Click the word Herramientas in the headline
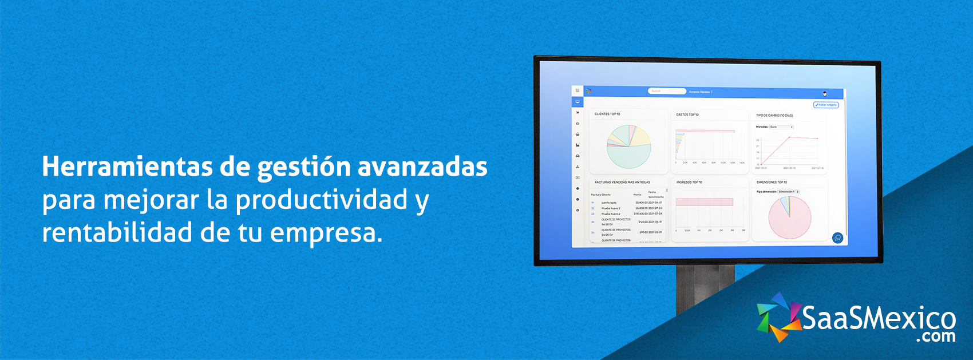(x=126, y=167)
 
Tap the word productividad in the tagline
(x=321, y=200)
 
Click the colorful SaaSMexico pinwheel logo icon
(x=778, y=318)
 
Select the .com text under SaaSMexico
(x=935, y=337)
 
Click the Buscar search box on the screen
(x=667, y=91)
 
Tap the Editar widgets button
(x=826, y=105)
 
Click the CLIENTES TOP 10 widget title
(x=607, y=114)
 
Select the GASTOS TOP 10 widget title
(x=687, y=114)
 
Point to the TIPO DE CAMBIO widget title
(x=774, y=116)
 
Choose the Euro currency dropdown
(x=781, y=127)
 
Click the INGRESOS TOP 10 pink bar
(x=704, y=202)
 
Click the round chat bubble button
(x=837, y=238)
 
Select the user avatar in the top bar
(x=825, y=93)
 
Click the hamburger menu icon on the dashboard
(x=578, y=90)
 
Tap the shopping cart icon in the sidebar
(x=578, y=113)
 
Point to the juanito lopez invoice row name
(x=609, y=203)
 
